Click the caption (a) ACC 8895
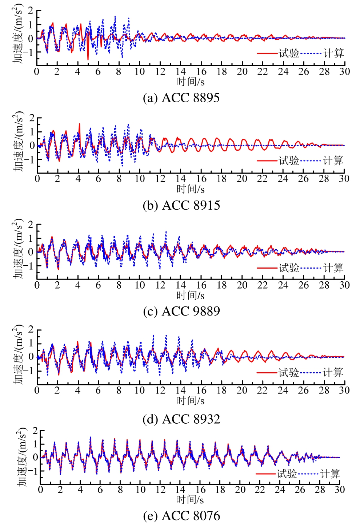click(x=181, y=98)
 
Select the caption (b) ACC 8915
click(x=181, y=205)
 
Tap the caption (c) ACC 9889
click(x=181, y=311)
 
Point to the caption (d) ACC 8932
click(x=181, y=419)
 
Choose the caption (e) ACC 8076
click(x=181, y=516)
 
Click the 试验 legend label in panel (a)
click(x=289, y=54)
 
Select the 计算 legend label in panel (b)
click(x=333, y=161)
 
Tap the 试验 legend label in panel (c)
click(x=289, y=268)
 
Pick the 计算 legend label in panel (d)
click(x=333, y=373)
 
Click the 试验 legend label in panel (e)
click(x=287, y=473)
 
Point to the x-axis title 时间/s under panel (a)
click(x=190, y=82)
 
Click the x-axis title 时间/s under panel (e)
click(x=190, y=500)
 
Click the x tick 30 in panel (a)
click(x=344, y=71)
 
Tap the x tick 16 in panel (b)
click(x=201, y=178)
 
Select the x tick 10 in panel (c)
click(x=140, y=285)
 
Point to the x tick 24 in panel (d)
click(x=283, y=390)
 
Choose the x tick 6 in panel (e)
click(x=100, y=490)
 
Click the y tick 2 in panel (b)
click(x=32, y=118)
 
